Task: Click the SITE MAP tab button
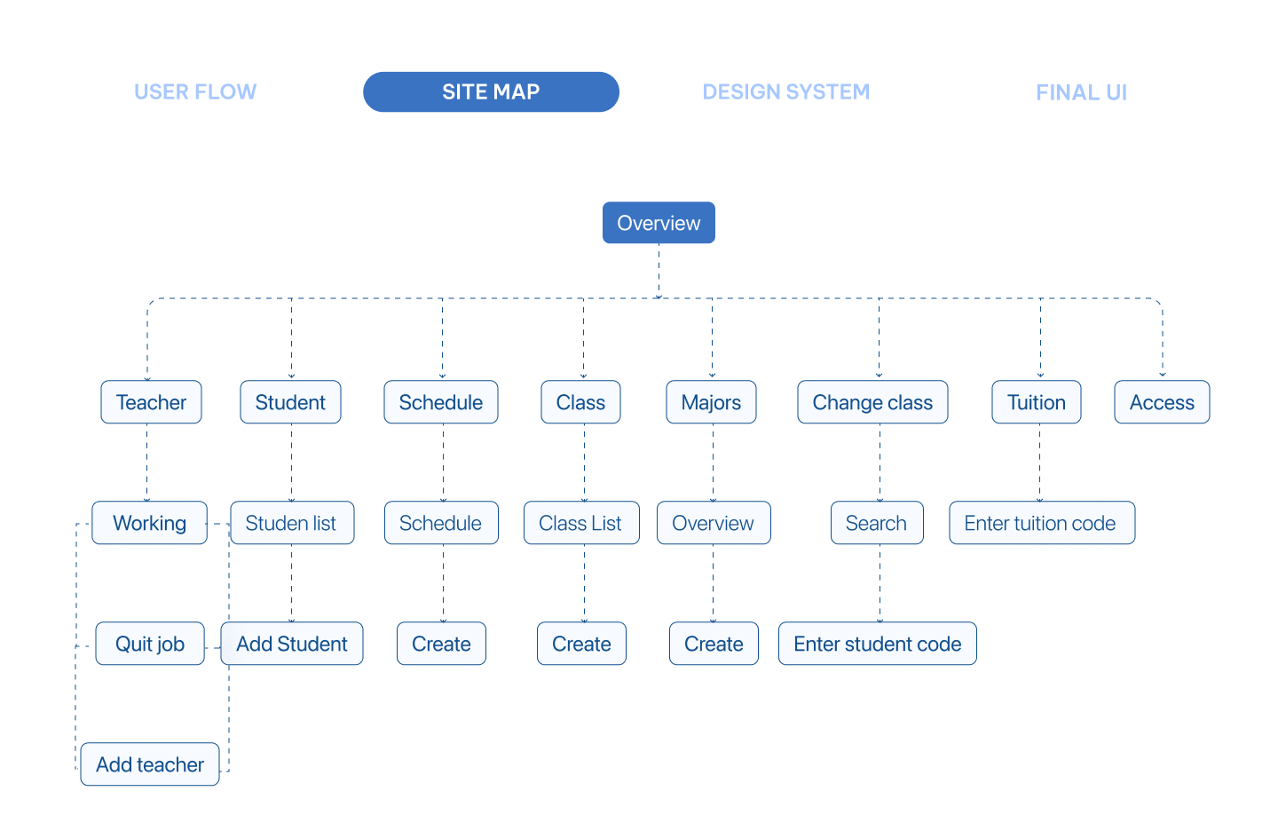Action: click(x=492, y=92)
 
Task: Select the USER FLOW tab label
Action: click(x=195, y=92)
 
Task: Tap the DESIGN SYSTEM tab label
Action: click(x=786, y=92)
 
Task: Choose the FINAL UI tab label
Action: click(x=1081, y=92)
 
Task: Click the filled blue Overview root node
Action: click(x=659, y=223)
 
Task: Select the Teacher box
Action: click(x=151, y=402)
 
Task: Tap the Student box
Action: click(x=290, y=402)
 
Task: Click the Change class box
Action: click(x=873, y=402)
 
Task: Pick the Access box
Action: click(x=1163, y=402)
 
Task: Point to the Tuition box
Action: click(x=1037, y=402)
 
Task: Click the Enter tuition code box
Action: click(x=1042, y=523)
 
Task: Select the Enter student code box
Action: click(x=878, y=643)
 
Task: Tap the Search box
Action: click(x=877, y=523)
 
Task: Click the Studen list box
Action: click(x=292, y=523)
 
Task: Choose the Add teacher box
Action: click(x=150, y=764)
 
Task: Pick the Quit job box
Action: click(x=150, y=643)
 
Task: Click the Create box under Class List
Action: click(x=581, y=643)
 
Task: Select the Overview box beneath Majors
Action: click(x=714, y=523)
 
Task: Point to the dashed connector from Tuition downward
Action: click(x=1039, y=463)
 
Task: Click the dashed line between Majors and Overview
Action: click(x=713, y=463)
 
